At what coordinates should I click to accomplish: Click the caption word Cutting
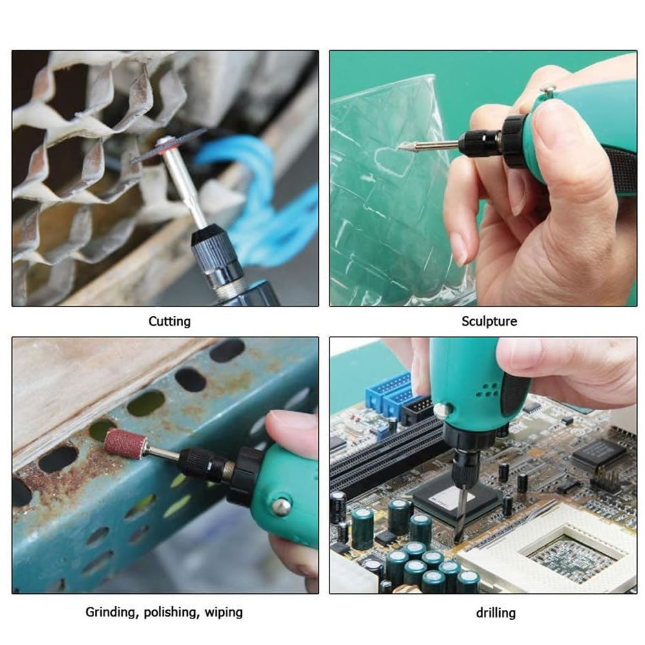170,321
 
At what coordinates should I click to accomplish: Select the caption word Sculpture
489,321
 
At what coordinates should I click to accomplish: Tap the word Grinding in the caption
112,612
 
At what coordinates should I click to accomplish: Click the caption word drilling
495,613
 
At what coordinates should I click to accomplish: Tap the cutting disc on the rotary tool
168,146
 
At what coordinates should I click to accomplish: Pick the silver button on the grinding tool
281,505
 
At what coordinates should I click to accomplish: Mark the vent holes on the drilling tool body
488,390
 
